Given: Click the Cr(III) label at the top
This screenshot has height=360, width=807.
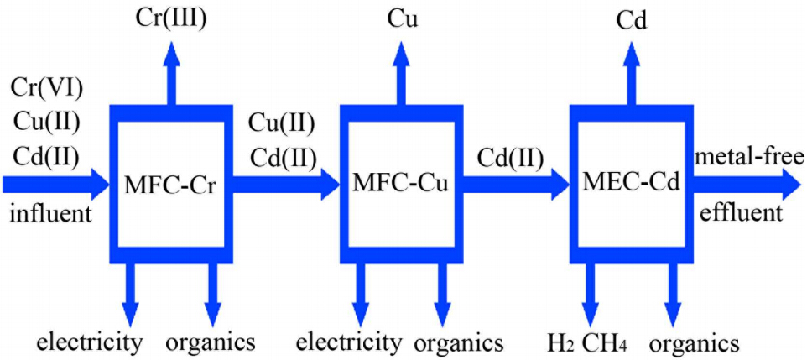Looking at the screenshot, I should point(171,19).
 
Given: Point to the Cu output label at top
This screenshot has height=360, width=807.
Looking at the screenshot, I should point(400,19).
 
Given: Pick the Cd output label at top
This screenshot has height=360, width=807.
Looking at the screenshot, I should point(630,19).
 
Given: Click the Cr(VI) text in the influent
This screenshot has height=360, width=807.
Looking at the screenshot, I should point(47,87).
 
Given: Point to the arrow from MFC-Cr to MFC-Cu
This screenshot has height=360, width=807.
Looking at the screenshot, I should point(285,185).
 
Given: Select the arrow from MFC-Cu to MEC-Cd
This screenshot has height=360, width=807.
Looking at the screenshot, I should point(515,185).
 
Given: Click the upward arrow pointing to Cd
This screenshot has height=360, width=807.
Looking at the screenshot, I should point(630,71).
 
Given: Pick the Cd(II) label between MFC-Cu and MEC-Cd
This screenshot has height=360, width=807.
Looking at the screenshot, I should point(512,156).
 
